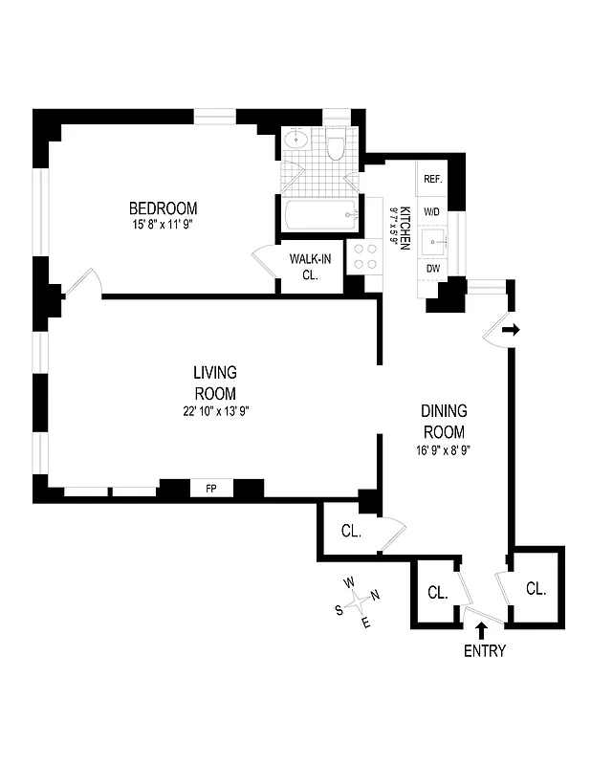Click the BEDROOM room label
(x=164, y=208)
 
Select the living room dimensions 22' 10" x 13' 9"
(x=214, y=411)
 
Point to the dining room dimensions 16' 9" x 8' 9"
(x=442, y=450)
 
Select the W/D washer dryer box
(x=432, y=210)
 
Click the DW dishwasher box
(x=432, y=269)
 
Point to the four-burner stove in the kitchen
(x=364, y=256)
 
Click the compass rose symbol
(x=357, y=601)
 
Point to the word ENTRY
(x=484, y=652)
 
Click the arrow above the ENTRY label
(x=481, y=628)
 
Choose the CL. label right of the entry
(x=536, y=589)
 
